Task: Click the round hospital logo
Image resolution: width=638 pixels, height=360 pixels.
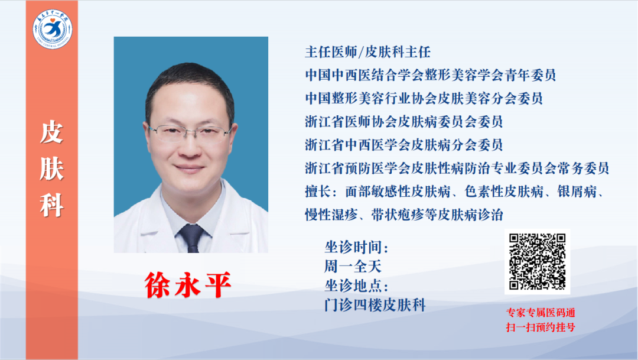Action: [x=53, y=29]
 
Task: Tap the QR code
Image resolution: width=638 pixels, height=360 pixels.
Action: [x=537, y=261]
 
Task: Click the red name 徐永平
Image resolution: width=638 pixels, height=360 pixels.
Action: [x=188, y=285]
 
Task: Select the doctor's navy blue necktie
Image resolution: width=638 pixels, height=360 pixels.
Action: [x=191, y=238]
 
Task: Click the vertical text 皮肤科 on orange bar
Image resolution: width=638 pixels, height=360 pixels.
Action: [x=51, y=168]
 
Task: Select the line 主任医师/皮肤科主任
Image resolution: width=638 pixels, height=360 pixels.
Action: [x=368, y=52]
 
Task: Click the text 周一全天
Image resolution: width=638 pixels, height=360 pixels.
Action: [x=353, y=267]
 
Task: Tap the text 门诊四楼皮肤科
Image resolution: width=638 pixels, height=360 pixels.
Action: [x=375, y=305]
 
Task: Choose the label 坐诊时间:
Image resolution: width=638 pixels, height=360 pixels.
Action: [x=356, y=247]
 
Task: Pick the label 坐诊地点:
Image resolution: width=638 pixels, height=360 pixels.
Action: [x=356, y=286]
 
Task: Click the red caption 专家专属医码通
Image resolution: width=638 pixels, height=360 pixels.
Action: [x=541, y=313]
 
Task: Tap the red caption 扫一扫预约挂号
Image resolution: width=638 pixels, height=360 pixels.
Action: [x=541, y=327]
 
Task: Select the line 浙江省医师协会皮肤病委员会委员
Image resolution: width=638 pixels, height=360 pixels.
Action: [x=404, y=122]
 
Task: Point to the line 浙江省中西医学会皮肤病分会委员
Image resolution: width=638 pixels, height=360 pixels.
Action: [x=404, y=145]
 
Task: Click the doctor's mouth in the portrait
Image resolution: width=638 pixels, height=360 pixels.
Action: [x=189, y=167]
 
